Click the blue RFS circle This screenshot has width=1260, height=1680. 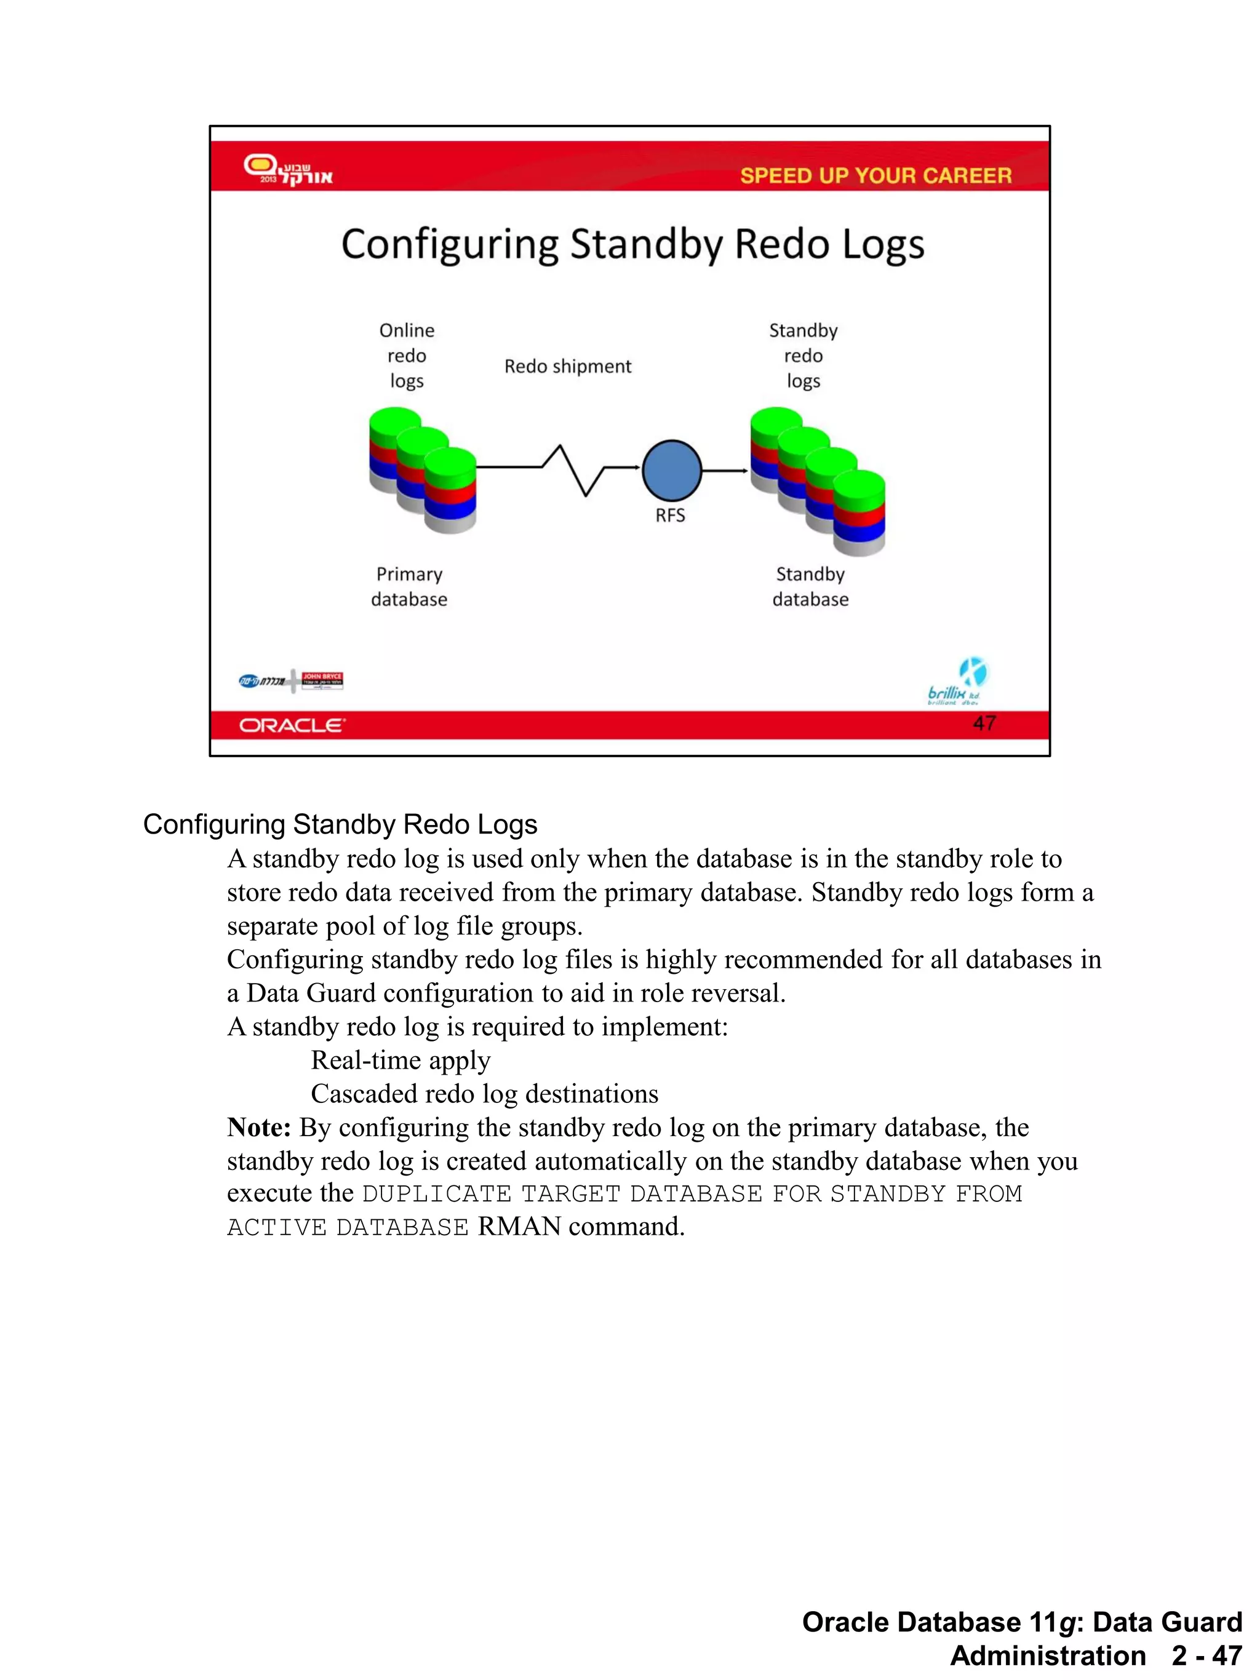point(671,470)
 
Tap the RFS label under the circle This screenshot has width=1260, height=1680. point(670,516)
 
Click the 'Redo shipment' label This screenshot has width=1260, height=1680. point(567,367)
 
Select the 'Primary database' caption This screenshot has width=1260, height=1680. point(409,586)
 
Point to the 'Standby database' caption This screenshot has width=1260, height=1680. point(810,586)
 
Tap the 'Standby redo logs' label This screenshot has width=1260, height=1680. point(803,356)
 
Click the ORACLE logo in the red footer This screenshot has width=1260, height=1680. point(292,725)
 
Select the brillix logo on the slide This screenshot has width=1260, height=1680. point(957,682)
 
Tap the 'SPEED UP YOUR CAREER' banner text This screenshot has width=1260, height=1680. point(875,175)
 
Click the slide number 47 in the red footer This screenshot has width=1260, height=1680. point(984,723)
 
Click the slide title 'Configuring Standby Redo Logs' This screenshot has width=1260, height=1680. point(632,245)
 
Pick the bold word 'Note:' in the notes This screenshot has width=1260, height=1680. point(259,1127)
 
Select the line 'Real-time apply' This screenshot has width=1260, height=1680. point(401,1061)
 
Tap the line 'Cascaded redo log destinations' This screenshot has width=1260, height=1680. point(484,1094)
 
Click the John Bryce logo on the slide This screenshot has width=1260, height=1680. point(322,680)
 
